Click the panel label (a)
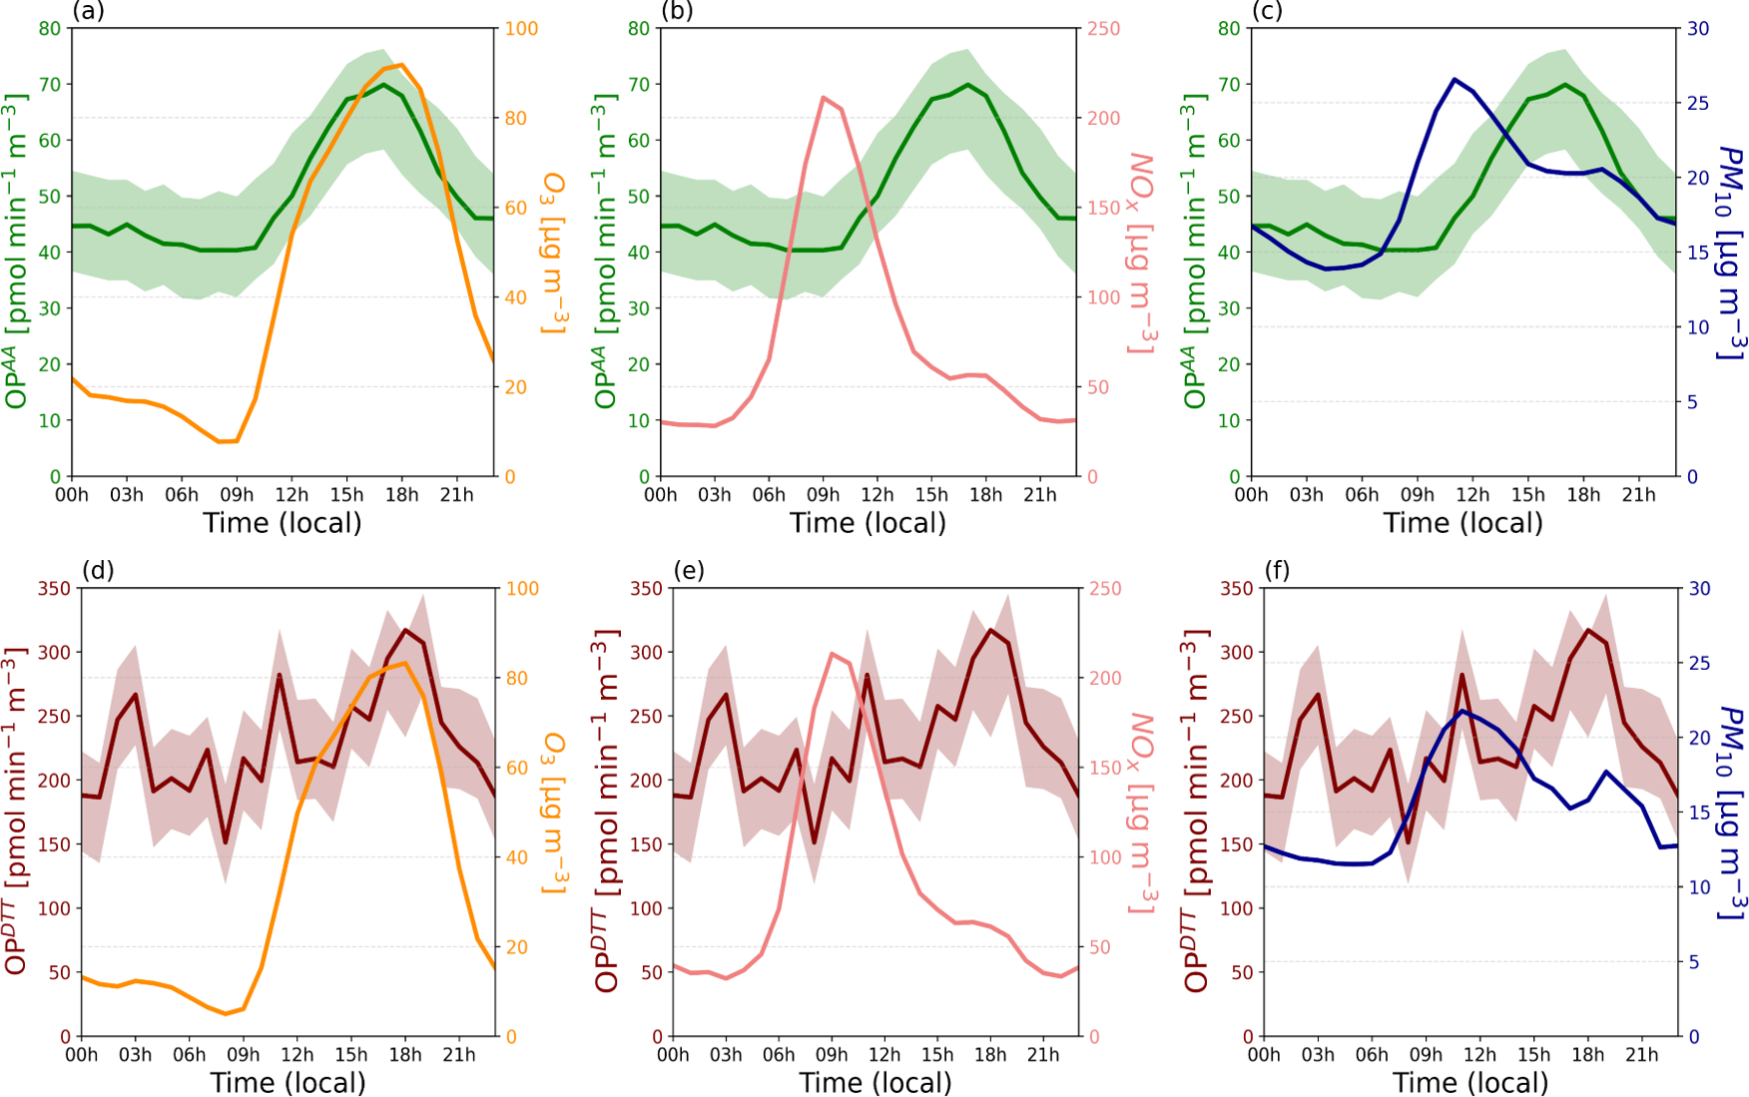(x=88, y=12)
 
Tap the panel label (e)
(x=688, y=570)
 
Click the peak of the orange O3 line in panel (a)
(x=401, y=65)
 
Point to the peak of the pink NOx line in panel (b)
(x=823, y=97)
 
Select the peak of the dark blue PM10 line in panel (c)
(x=1455, y=79)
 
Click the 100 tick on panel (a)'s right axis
(x=520, y=29)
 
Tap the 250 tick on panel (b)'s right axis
(x=1103, y=29)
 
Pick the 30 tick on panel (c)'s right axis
(x=1698, y=29)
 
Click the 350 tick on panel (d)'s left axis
(x=53, y=589)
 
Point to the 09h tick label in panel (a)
(x=237, y=495)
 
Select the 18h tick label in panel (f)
(x=1587, y=1055)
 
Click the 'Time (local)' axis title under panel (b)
(x=868, y=523)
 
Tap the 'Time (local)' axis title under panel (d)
(x=288, y=1083)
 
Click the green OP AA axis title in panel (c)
(x=1195, y=252)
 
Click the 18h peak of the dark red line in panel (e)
(x=990, y=630)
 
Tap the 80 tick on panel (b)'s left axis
(x=639, y=29)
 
